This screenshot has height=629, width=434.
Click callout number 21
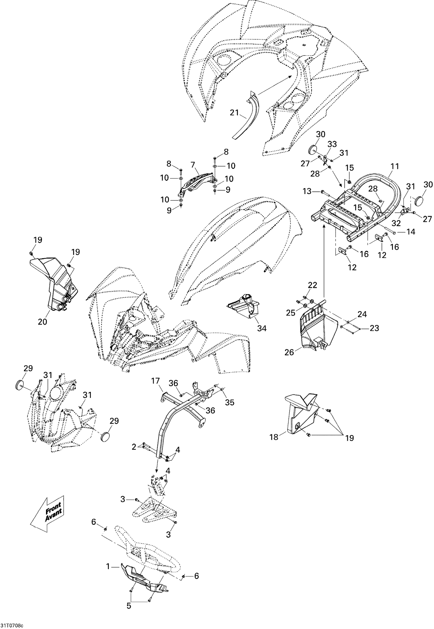235,112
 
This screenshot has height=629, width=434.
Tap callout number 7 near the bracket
193,165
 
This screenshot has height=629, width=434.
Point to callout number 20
43,321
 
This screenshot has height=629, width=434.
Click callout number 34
262,328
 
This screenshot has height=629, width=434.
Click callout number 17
155,381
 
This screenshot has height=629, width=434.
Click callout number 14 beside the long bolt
411,232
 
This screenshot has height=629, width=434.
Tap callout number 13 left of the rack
307,191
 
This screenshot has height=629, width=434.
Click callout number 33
332,144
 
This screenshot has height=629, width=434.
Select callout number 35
229,402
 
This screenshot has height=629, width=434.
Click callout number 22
312,285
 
